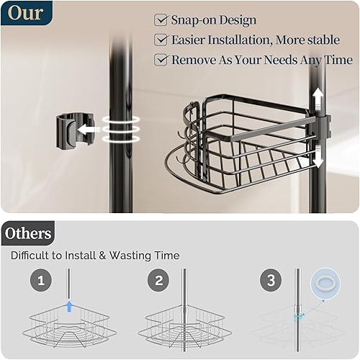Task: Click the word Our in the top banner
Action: point(26,13)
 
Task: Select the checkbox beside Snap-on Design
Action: point(161,20)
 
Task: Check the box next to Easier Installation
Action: point(161,40)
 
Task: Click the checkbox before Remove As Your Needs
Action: point(161,60)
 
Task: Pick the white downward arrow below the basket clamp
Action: point(318,155)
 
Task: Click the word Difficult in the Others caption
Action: point(32,256)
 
